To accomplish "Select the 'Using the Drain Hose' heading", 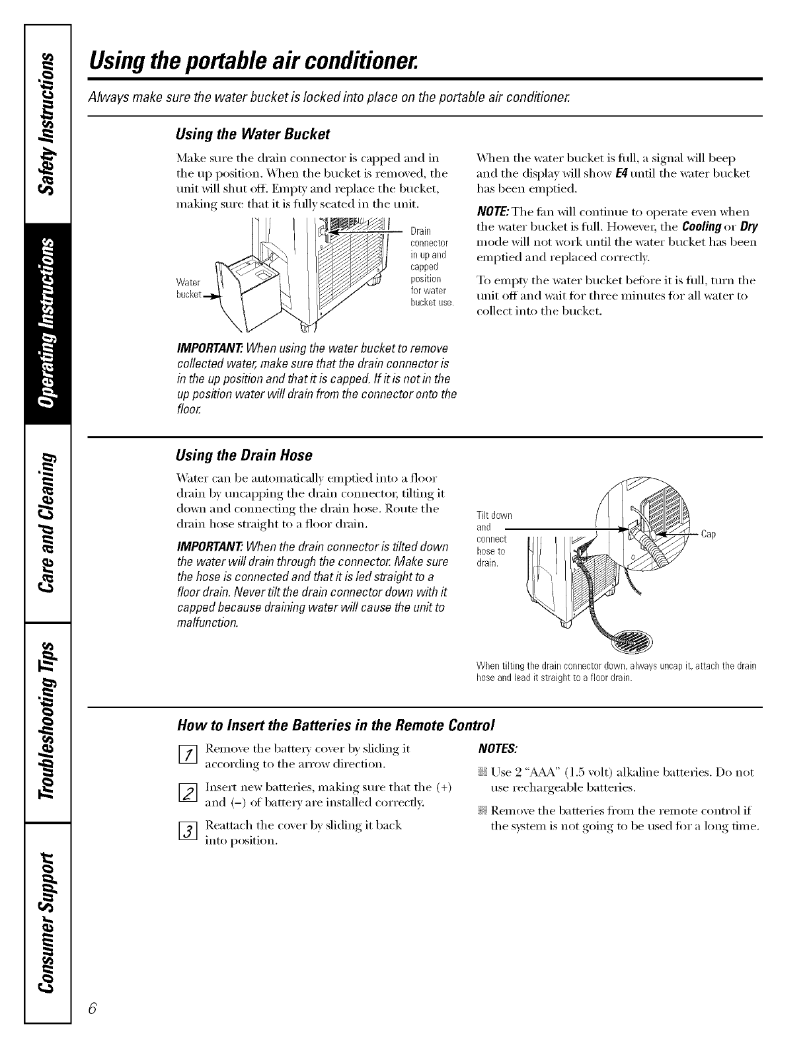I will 244,455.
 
